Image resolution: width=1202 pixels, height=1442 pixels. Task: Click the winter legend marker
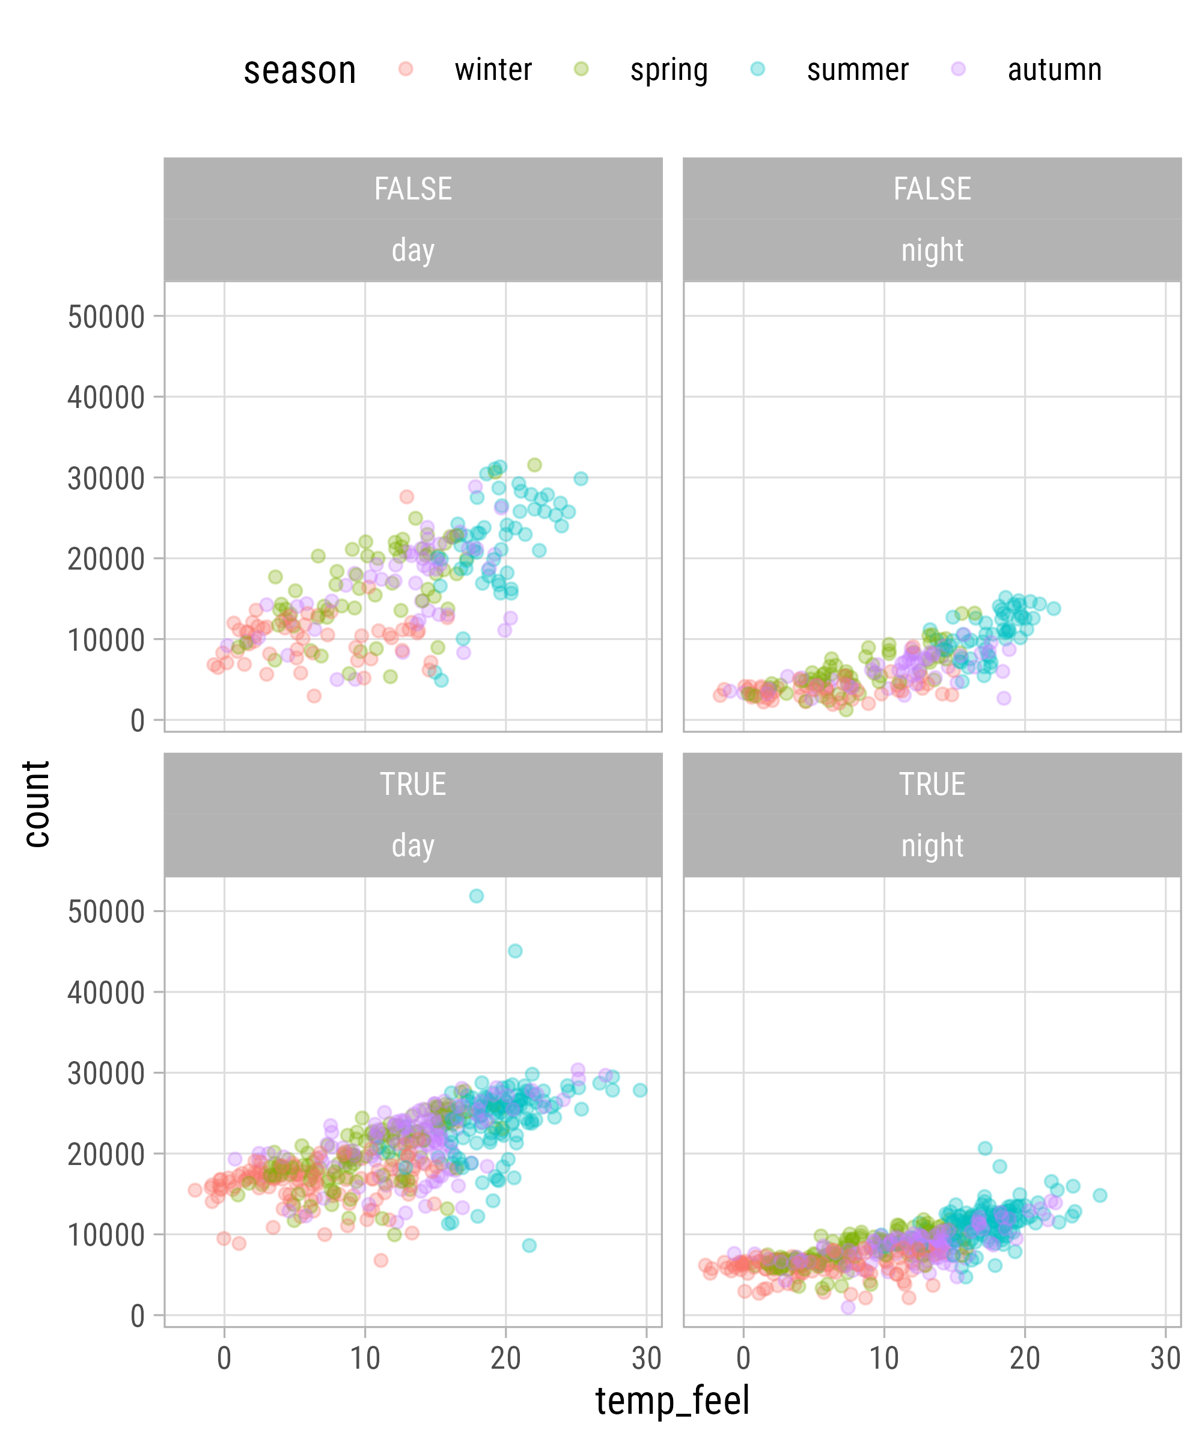click(x=406, y=68)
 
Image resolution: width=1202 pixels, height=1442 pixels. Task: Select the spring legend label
click(x=668, y=70)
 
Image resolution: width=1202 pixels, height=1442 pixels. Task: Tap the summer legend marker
click(x=758, y=68)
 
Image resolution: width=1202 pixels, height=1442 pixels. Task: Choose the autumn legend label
click(x=1054, y=70)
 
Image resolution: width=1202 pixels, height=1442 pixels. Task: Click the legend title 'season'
click(x=300, y=70)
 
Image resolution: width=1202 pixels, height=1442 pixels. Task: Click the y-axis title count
click(x=37, y=804)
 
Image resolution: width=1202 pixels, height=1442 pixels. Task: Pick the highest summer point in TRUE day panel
click(x=477, y=896)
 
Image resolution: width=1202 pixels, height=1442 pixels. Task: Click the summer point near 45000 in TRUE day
click(x=515, y=951)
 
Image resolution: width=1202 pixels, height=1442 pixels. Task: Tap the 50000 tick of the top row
click(x=106, y=317)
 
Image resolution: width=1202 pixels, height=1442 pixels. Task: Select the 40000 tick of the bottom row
click(x=106, y=993)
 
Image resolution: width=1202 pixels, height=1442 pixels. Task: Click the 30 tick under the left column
click(x=646, y=1359)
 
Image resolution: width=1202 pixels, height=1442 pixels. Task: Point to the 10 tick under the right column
click(x=884, y=1359)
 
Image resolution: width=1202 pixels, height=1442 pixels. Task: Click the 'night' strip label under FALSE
click(x=932, y=251)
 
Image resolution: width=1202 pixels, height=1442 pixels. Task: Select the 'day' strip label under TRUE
click(x=413, y=846)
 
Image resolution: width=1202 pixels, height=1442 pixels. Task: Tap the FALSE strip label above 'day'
click(x=413, y=189)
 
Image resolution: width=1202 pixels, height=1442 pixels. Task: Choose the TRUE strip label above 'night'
click(x=932, y=784)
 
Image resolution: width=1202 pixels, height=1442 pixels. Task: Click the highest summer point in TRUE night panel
click(x=985, y=1148)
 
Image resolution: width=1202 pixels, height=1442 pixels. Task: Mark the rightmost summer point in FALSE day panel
click(x=581, y=479)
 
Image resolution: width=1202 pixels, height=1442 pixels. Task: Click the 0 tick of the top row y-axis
click(x=138, y=721)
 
